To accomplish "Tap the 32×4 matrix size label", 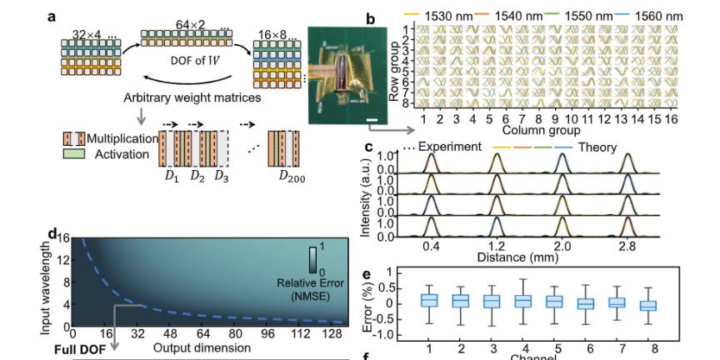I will point(87,35).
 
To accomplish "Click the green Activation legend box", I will point(70,153).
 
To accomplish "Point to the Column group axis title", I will point(542,131).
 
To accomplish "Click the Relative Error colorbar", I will point(312,260).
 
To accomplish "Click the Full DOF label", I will point(82,349).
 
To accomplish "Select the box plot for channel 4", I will point(523,301).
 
